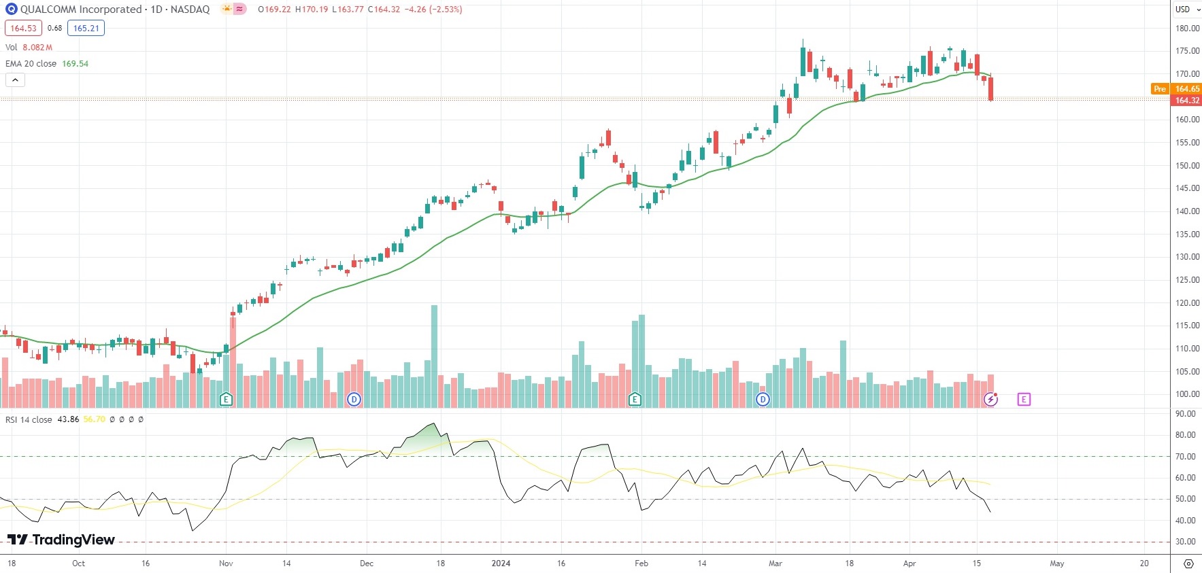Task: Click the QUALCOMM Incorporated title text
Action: [80, 10]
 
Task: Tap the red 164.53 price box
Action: [23, 29]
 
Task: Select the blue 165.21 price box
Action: [86, 29]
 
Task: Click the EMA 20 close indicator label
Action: [31, 64]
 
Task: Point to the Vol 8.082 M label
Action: [29, 48]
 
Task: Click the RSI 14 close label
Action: [29, 419]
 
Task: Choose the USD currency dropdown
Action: [1187, 10]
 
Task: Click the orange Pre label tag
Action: [1160, 89]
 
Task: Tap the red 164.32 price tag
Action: [1187, 101]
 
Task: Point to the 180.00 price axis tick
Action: [1187, 29]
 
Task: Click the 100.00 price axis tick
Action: [1187, 394]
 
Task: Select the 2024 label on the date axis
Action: [501, 563]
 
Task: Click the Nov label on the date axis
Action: [226, 563]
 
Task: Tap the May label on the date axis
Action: [1056, 563]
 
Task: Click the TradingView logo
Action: [61, 540]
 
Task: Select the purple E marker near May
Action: [1024, 400]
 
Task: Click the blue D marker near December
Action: [354, 400]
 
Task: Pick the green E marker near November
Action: [226, 400]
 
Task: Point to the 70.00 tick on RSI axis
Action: [1186, 457]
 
